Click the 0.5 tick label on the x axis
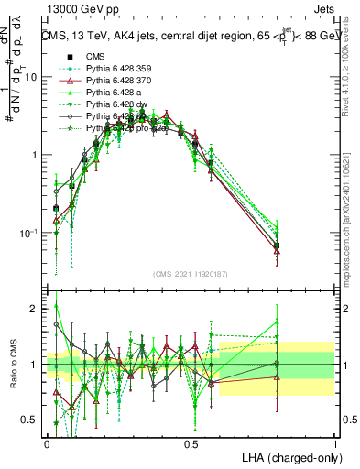coord(191,442)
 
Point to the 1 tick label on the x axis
coord(334,442)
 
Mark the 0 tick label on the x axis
coord(47,442)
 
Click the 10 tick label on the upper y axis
coord(30,77)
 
